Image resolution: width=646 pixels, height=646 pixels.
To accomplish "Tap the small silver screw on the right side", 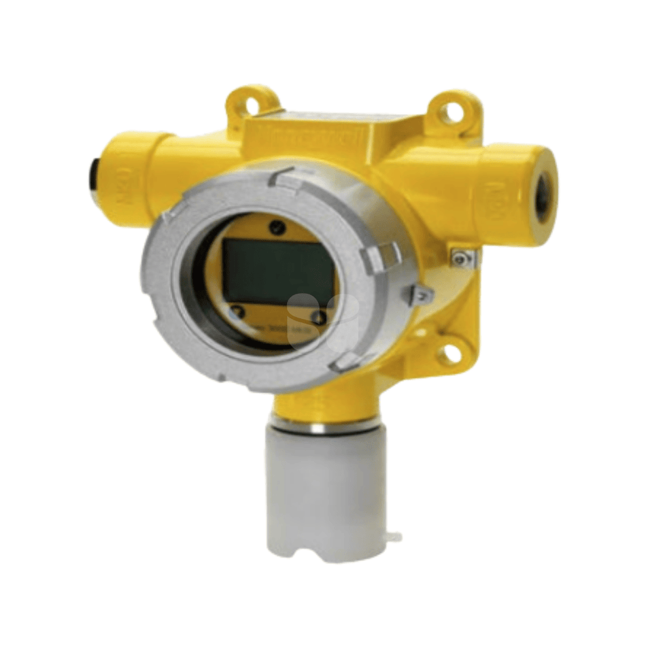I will [x=462, y=257].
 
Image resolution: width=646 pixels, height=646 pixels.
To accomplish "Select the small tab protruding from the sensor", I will [x=393, y=538].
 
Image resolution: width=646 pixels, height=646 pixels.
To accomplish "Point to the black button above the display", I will [x=274, y=227].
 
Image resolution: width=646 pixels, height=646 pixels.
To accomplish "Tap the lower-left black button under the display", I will [x=236, y=312].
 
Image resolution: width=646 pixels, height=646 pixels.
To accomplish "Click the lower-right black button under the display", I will [x=318, y=317].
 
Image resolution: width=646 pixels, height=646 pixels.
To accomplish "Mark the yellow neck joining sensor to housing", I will [x=320, y=405].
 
